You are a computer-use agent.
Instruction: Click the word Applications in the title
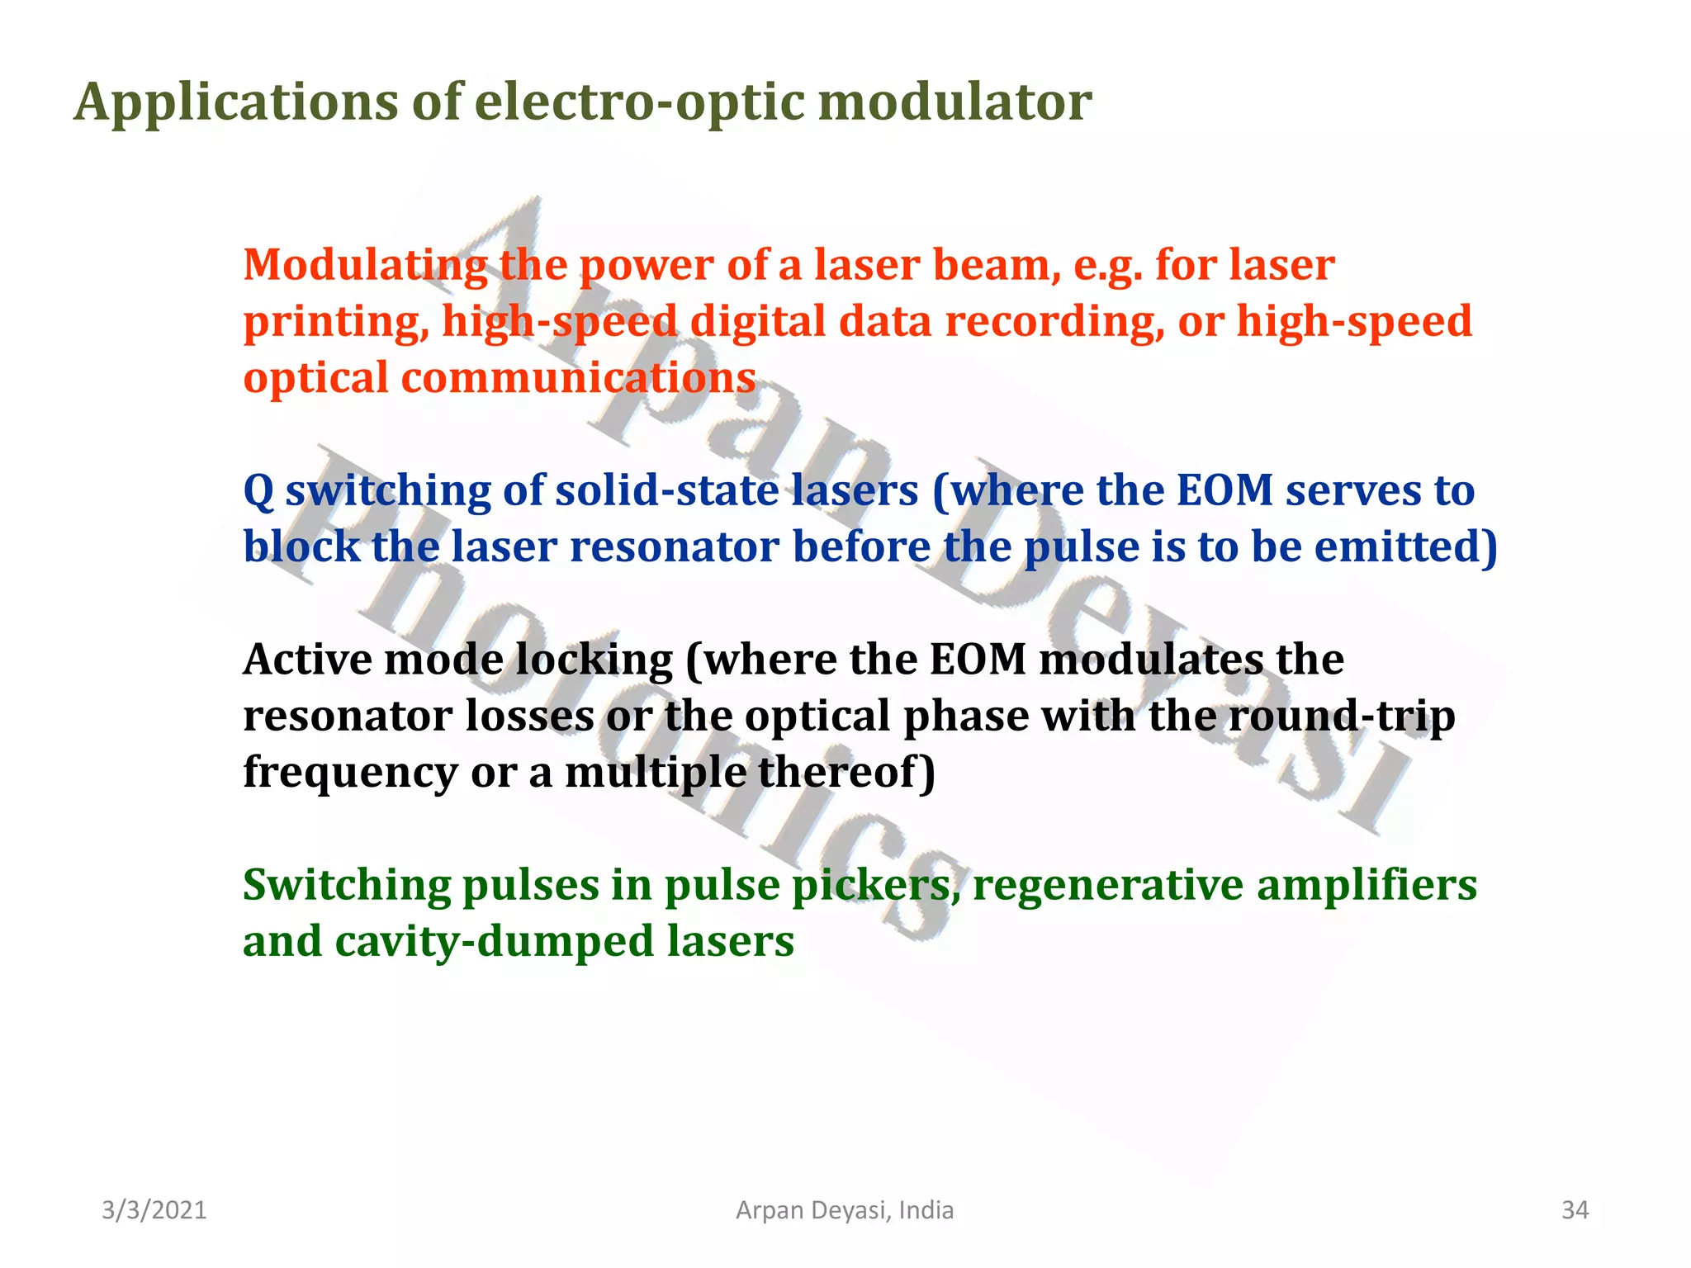(x=236, y=102)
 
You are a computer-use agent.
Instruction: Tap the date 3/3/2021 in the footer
(x=154, y=1210)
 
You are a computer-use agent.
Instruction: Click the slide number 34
(x=1575, y=1210)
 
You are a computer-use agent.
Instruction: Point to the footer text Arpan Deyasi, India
(x=845, y=1210)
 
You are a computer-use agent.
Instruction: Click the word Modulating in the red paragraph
(x=365, y=266)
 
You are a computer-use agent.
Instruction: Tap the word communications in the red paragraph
(x=578, y=378)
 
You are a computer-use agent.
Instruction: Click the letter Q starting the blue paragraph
(x=258, y=491)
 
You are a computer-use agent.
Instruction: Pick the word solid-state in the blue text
(x=667, y=490)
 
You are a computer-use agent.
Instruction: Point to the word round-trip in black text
(x=1342, y=716)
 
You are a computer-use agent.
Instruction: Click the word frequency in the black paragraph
(x=350, y=773)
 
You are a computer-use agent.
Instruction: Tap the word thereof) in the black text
(x=846, y=772)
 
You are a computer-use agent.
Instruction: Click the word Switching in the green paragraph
(x=346, y=886)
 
